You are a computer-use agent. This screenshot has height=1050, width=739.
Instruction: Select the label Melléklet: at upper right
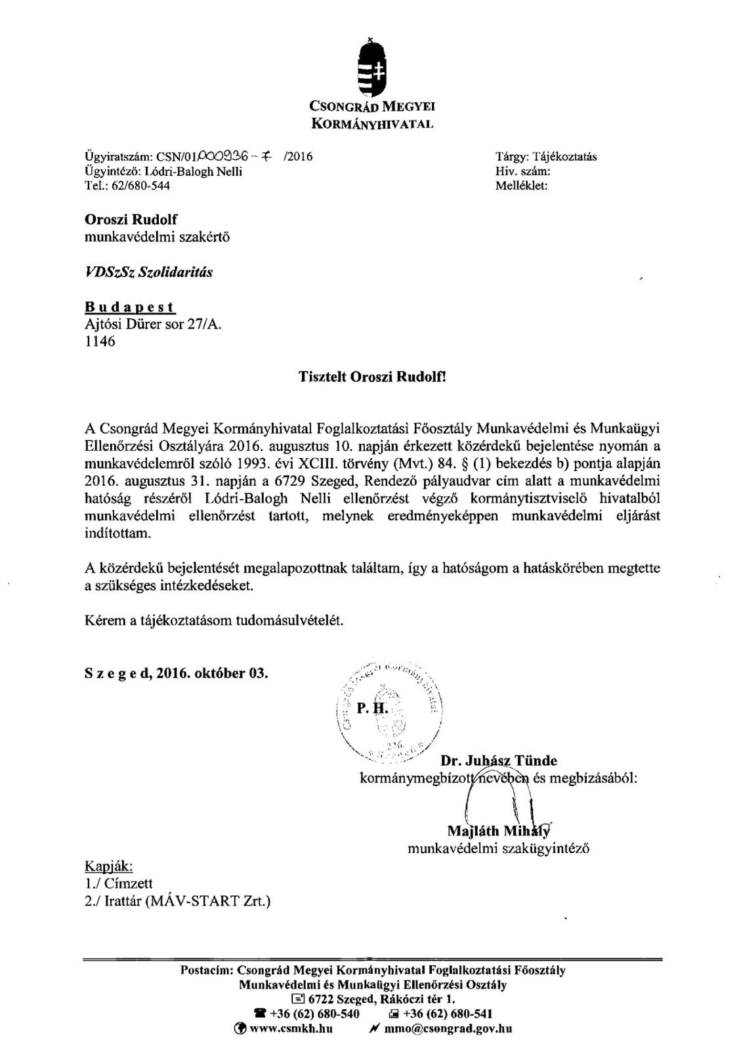coord(521,186)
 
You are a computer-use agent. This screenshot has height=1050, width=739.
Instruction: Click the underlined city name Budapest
coord(130,307)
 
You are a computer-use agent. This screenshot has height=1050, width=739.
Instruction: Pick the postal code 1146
coord(100,341)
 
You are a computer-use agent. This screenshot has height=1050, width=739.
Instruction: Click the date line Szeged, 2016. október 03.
coord(177,674)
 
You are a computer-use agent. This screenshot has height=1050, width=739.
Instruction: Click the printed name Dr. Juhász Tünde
coord(499,761)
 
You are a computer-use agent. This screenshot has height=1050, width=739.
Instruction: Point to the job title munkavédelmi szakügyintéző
coord(498,849)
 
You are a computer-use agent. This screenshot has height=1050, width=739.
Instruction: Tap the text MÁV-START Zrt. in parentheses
coord(212,902)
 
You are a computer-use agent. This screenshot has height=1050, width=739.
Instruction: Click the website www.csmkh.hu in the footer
coord(291,1029)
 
